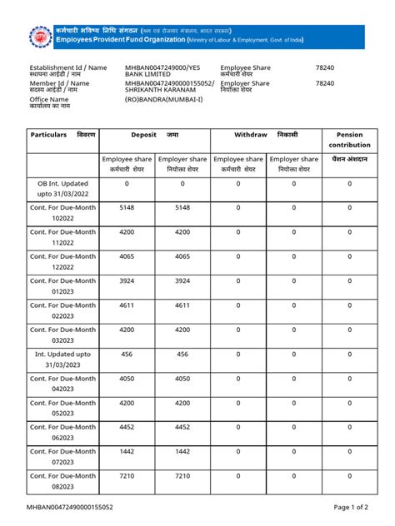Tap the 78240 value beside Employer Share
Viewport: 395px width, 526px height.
pos(325,83)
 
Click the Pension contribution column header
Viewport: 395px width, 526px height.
pos(349,139)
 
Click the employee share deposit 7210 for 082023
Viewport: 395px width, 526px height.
pos(127,476)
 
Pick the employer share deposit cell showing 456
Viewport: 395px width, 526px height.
pos(182,354)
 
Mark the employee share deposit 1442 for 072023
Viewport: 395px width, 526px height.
pos(127,451)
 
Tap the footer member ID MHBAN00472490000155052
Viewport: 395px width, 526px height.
pos(71,506)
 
